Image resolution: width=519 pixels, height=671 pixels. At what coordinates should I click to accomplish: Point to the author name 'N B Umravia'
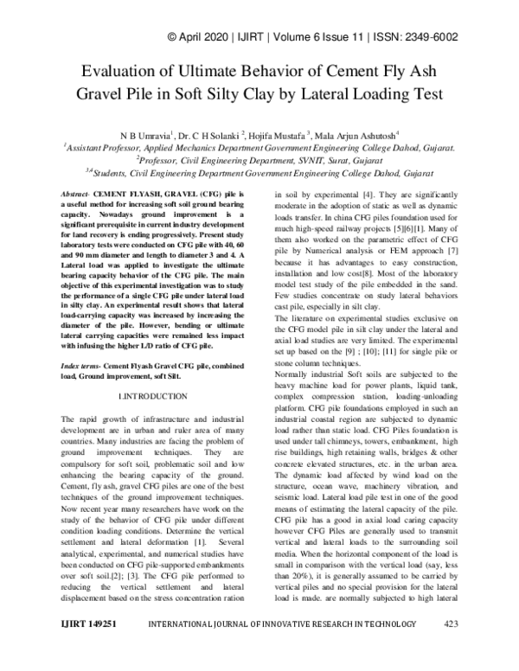[144, 136]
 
